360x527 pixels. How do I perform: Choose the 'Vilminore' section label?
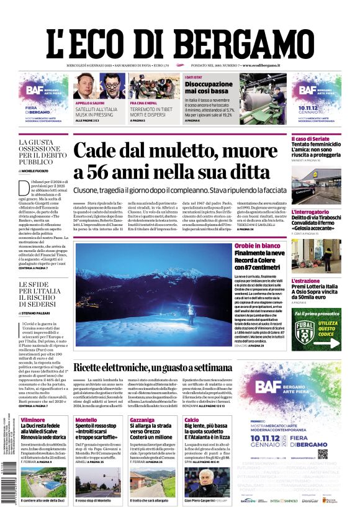click(33, 420)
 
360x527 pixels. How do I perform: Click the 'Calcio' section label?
click(191, 420)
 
